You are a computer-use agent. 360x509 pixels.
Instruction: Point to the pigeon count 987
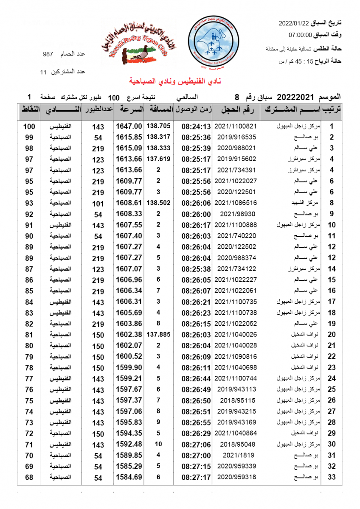coord(48,55)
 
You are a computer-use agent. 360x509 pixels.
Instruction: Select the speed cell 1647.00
coord(129,126)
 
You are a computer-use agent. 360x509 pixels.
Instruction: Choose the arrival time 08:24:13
coord(196,126)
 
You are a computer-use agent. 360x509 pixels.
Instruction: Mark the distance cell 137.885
coord(158,334)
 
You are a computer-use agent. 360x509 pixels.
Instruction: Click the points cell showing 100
coord(29,126)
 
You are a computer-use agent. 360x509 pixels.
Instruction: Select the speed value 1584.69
coord(129,478)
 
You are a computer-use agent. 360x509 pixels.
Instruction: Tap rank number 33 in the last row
coord(332,478)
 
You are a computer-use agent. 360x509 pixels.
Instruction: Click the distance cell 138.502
coord(158,203)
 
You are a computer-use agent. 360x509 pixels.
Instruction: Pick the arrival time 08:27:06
coord(196,445)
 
